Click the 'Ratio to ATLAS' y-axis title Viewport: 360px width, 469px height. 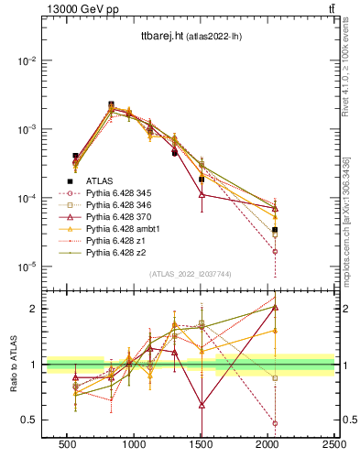[x=13, y=365]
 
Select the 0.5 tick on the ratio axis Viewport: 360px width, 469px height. [x=30, y=420]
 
